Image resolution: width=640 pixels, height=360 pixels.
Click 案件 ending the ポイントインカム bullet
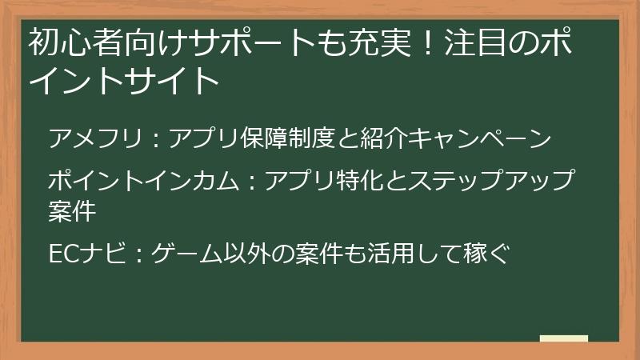(x=72, y=211)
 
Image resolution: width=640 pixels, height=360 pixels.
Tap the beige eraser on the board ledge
(x=563, y=339)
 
